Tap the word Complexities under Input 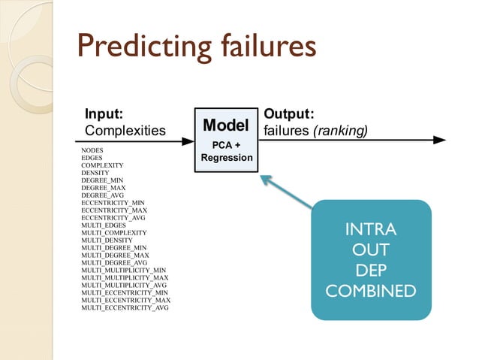[125, 131]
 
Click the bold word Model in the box [226, 123]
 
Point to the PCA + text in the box [226, 144]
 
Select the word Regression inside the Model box [226, 158]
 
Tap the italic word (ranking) [340, 131]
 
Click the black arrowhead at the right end [438, 139]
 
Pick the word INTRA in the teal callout [370, 229]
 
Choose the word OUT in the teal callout [370, 249]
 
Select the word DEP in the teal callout [370, 269]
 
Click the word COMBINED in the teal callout [370, 289]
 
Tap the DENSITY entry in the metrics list [95, 173]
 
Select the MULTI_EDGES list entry [104, 225]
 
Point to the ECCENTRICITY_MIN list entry [113, 203]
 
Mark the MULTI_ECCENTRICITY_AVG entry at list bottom [125, 308]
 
